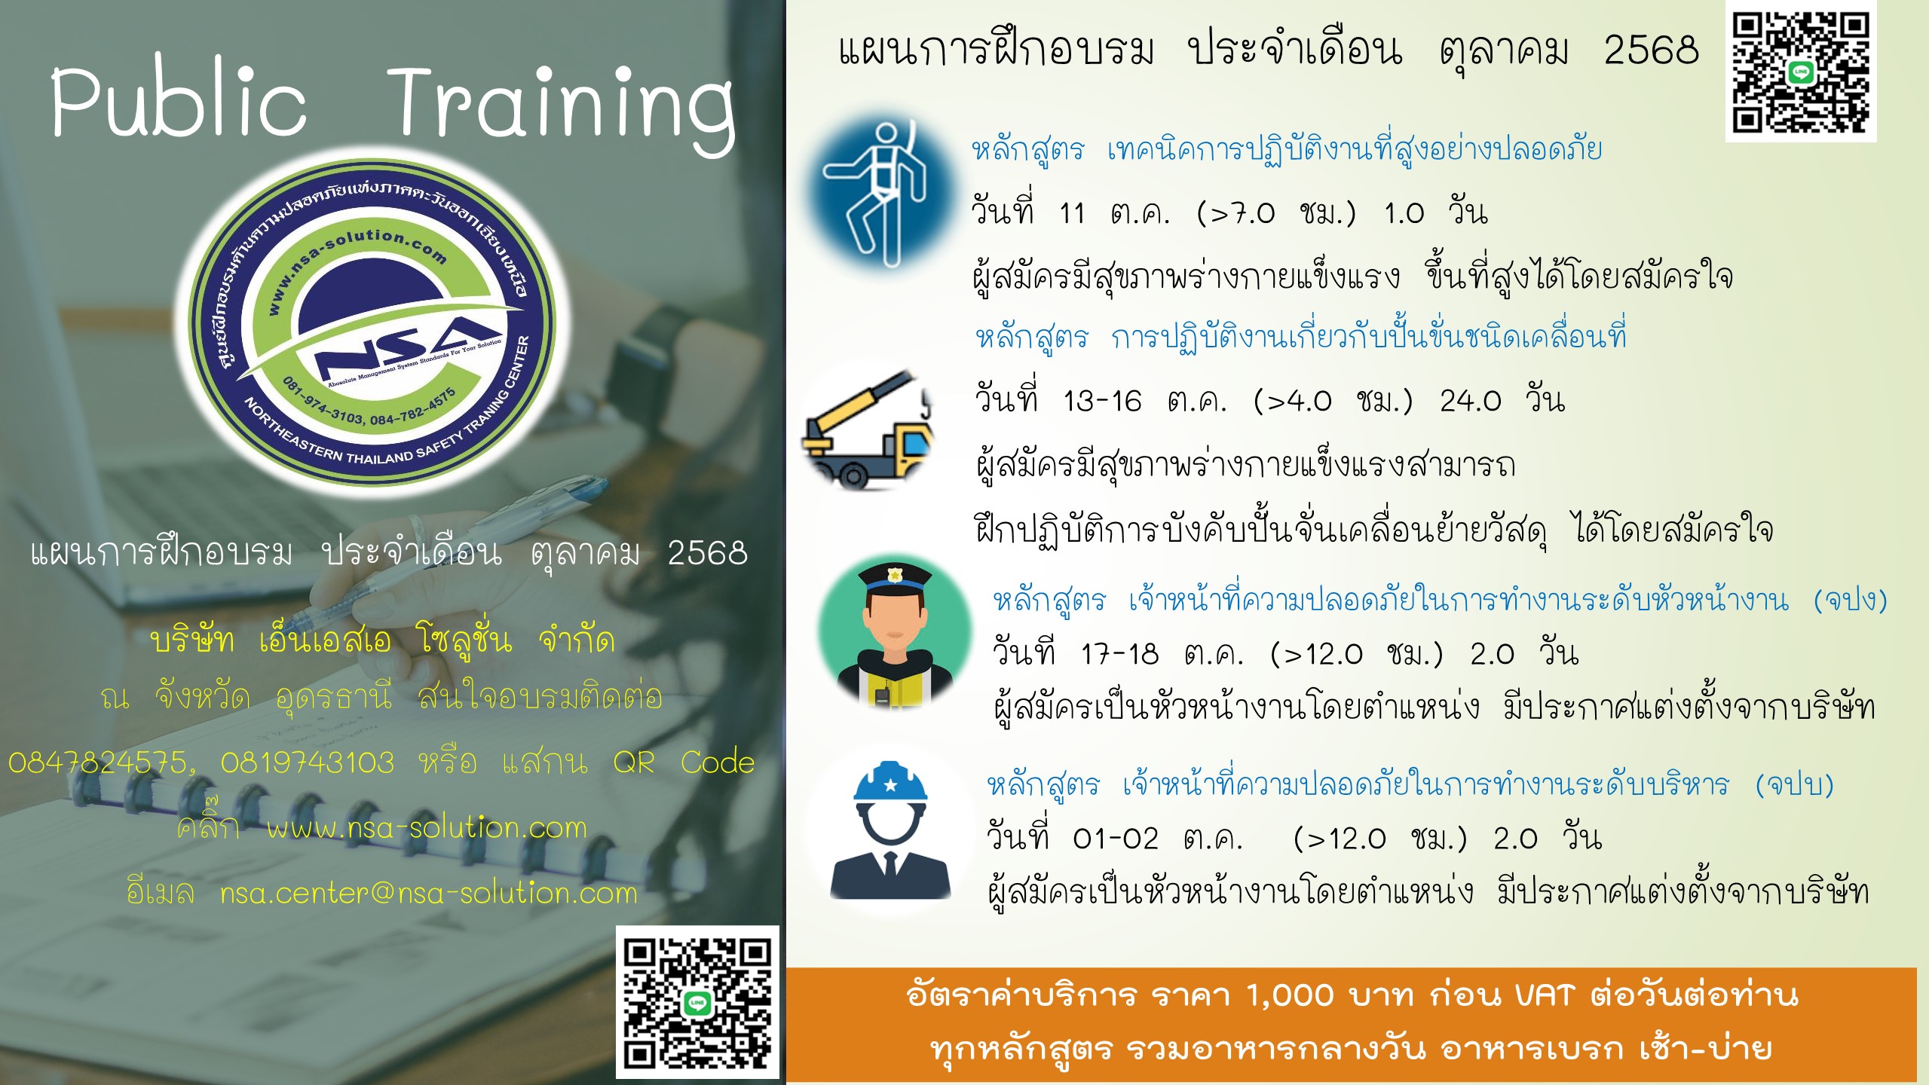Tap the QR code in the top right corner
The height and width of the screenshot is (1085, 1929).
tap(1800, 72)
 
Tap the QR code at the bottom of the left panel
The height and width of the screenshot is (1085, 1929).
tap(697, 1002)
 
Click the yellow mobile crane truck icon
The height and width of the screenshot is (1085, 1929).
tap(868, 429)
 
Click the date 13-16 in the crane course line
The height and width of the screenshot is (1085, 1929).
tap(1102, 402)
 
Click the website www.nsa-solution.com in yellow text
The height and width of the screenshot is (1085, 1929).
tap(427, 828)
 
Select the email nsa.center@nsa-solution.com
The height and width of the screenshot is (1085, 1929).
tap(429, 894)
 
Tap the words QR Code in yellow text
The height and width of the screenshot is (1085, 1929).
tap(684, 763)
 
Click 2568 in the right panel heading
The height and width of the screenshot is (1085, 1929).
tap(1652, 51)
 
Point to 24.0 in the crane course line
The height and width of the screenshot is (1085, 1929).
tap(1471, 402)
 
